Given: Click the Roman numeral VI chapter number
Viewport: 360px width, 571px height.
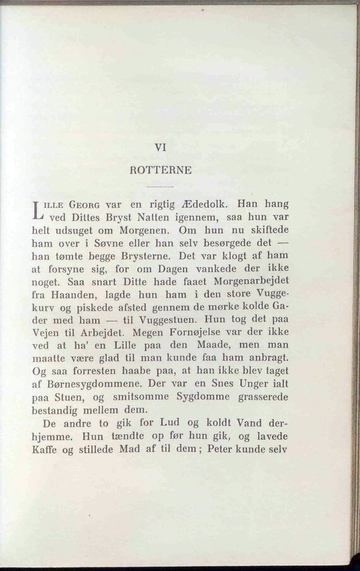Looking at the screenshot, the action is [160, 148].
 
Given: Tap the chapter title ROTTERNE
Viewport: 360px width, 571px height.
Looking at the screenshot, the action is [160, 170].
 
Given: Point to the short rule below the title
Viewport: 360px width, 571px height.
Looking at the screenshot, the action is [160, 187].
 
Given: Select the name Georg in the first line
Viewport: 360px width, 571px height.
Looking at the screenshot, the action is [86, 204].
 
